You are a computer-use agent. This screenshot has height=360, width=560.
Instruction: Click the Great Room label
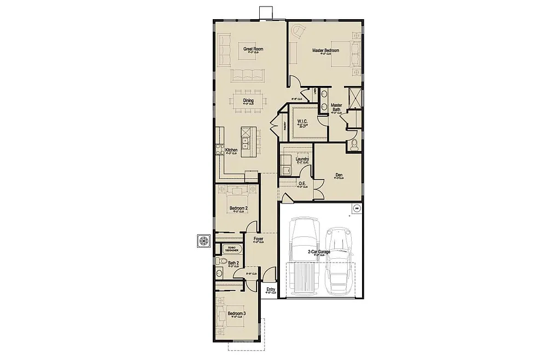[x=253, y=49]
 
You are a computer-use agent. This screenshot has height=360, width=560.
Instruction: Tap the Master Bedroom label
[x=325, y=50]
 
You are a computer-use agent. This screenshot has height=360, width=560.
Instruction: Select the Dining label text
[x=248, y=101]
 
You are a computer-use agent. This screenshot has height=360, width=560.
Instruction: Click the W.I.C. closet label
[x=302, y=121]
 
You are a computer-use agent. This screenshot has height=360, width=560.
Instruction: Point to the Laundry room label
[x=302, y=159]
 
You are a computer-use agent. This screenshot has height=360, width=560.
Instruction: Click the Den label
[x=339, y=176]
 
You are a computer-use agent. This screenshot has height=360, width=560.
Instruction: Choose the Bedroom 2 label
[x=238, y=208]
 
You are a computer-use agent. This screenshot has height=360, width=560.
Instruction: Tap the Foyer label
[x=259, y=239]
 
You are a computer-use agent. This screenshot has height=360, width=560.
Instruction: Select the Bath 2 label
[x=233, y=263]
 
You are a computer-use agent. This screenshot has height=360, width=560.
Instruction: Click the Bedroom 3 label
[x=237, y=313]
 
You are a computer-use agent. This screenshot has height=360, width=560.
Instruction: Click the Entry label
[x=271, y=289]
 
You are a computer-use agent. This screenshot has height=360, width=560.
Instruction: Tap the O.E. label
[x=302, y=183]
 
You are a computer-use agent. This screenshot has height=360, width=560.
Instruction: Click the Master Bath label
[x=336, y=107]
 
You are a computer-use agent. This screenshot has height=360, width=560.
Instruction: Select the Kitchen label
[x=231, y=150]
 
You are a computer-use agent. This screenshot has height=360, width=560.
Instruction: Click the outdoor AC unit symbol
[x=205, y=241]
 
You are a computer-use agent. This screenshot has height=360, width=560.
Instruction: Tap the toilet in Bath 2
[x=219, y=272]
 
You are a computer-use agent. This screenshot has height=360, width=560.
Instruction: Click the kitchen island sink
[x=247, y=143]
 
